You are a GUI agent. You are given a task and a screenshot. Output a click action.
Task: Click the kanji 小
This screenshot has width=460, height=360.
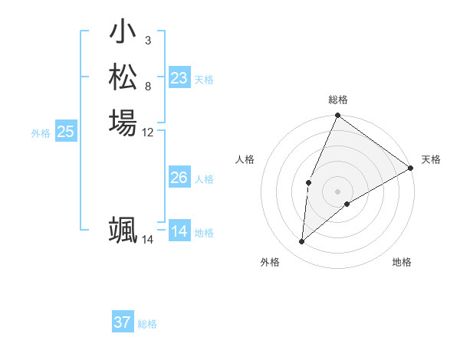[123, 33]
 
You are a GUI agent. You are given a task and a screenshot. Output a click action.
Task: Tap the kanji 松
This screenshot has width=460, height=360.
[123, 77]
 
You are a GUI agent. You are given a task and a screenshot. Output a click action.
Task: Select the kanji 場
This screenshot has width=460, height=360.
[123, 123]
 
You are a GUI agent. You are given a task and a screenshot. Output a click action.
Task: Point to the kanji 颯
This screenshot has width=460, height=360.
[123, 231]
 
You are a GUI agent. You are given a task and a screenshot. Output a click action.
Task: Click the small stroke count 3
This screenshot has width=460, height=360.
[148, 41]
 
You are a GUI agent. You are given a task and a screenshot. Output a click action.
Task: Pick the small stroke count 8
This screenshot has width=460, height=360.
[148, 86]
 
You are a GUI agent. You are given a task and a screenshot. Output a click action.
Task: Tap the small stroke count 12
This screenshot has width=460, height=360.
[148, 132]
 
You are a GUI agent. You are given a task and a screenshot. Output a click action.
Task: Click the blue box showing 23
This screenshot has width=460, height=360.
[179, 78]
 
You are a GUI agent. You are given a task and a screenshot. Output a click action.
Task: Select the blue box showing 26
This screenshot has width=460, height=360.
[179, 178]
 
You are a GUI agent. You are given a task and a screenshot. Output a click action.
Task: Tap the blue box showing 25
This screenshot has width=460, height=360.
[66, 132]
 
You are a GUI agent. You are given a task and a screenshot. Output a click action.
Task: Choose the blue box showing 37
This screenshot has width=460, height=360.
[123, 322]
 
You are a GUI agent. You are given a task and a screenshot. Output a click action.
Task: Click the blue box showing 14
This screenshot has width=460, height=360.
[179, 231]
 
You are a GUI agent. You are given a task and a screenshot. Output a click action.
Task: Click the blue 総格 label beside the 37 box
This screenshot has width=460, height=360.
[147, 324]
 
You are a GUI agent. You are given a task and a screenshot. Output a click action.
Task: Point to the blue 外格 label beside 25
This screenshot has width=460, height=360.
[41, 133]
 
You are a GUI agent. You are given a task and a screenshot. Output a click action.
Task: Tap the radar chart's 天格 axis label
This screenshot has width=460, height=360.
[431, 159]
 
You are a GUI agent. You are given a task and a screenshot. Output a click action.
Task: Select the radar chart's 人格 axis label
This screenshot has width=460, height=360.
[245, 159]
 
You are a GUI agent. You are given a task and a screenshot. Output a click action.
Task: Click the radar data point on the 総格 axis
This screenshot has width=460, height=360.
[337, 116]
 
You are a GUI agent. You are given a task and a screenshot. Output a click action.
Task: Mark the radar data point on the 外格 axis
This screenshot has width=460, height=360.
[302, 241]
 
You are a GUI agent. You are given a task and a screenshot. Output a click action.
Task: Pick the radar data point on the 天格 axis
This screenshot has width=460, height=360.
[411, 168]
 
